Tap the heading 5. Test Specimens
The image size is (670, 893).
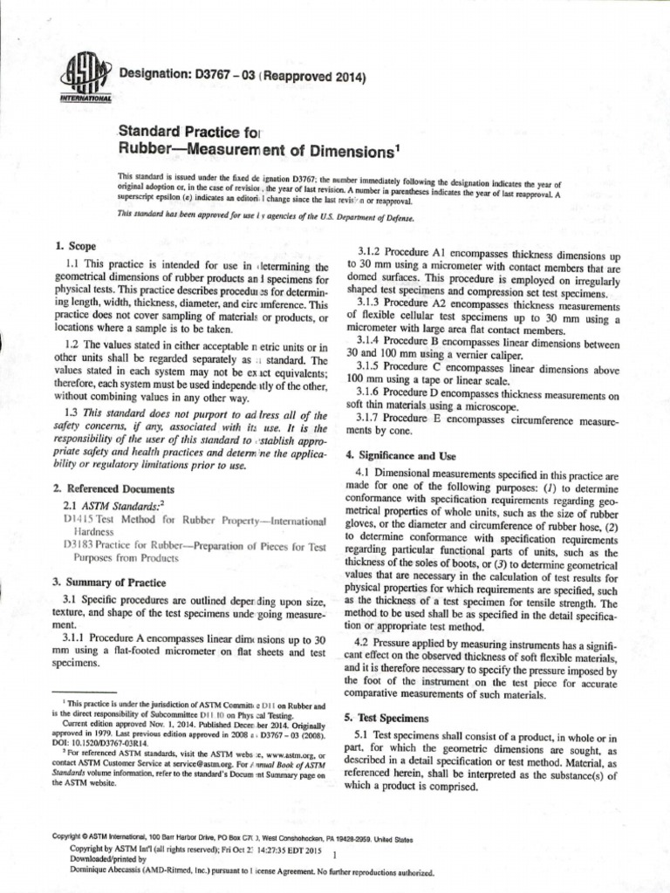pos(387,717)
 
